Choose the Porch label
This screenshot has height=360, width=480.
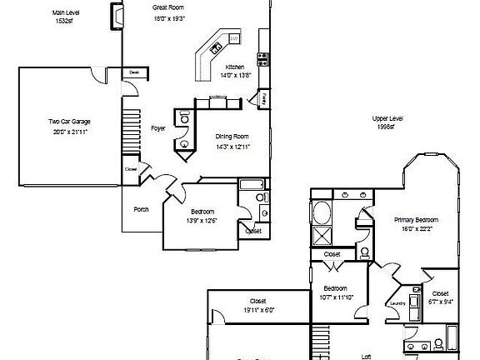pyautogui.click(x=142, y=209)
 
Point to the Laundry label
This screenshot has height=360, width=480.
pyautogui.click(x=397, y=303)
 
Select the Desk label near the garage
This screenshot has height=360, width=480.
pyautogui.click(x=133, y=73)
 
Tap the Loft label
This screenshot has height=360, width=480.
pyautogui.click(x=366, y=356)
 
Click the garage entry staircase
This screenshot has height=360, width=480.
pyautogui.click(x=129, y=126)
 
